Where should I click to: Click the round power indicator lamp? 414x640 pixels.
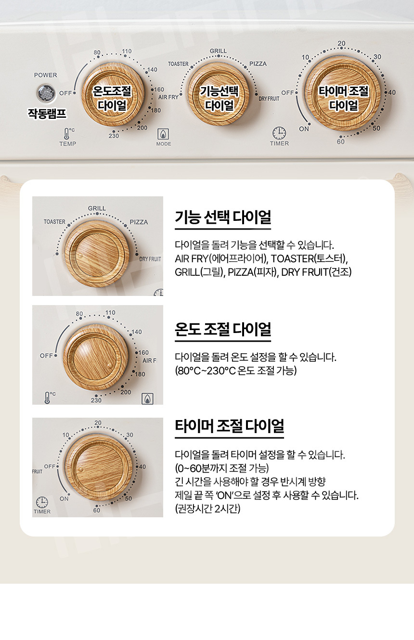click(46, 93)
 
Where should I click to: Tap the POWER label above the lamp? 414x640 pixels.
click(45, 75)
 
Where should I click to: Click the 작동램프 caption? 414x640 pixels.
click(47, 114)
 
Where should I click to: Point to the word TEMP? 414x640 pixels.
click(68, 144)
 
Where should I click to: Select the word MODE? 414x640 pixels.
click(164, 144)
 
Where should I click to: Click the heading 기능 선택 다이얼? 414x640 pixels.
click(223, 217)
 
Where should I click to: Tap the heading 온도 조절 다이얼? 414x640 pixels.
click(223, 329)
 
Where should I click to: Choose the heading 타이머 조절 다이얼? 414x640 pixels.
click(229, 426)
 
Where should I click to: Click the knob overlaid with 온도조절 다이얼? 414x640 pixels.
click(112, 94)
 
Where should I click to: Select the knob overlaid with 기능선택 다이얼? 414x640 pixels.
click(219, 94)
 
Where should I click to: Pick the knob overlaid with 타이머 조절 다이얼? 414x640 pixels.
click(343, 93)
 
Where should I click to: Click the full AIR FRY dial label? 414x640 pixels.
click(168, 97)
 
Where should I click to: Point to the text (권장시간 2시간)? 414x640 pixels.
click(207, 509)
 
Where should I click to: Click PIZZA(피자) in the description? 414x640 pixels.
click(253, 272)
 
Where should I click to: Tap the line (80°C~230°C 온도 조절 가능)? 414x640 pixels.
click(236, 371)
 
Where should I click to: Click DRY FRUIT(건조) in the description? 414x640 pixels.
click(316, 272)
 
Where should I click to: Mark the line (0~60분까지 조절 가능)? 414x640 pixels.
click(222, 468)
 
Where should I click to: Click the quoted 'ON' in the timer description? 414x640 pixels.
click(225, 495)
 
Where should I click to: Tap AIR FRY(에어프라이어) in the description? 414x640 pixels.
click(221, 258)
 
